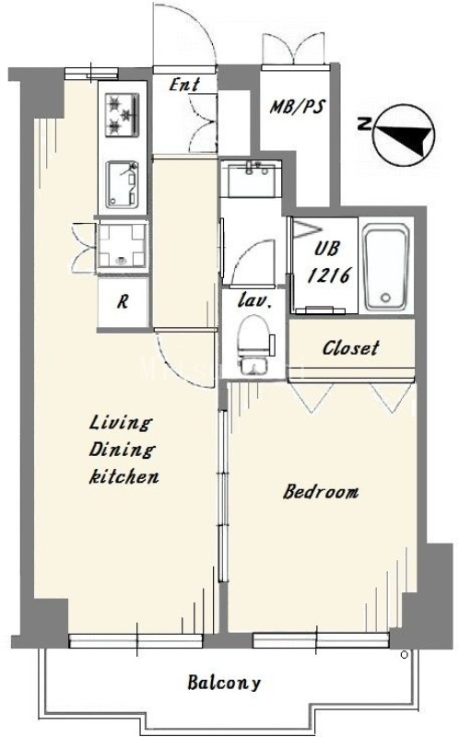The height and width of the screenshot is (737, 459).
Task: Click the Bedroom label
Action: (321, 492)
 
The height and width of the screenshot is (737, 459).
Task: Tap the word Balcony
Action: (224, 683)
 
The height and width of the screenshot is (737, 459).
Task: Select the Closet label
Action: (350, 348)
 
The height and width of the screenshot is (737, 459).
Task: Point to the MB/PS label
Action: (297, 107)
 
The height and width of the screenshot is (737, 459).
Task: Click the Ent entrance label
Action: (184, 85)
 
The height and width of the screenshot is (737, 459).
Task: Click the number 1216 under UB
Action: (330, 275)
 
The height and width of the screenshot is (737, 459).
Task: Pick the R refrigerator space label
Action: (123, 301)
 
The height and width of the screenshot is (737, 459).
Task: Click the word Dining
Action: (122, 450)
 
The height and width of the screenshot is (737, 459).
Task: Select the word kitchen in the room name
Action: (124, 476)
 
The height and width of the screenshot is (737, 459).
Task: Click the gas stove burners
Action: (123, 114)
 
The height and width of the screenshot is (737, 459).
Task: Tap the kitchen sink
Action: (122, 184)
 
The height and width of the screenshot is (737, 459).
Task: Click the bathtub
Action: (386, 266)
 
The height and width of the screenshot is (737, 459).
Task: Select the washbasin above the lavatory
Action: (252, 179)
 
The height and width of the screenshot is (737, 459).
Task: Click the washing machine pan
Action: (123, 246)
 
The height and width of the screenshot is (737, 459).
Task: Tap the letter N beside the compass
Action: (363, 124)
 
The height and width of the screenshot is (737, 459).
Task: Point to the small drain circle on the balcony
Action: (404, 654)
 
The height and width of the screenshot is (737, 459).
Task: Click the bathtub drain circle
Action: (386, 297)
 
